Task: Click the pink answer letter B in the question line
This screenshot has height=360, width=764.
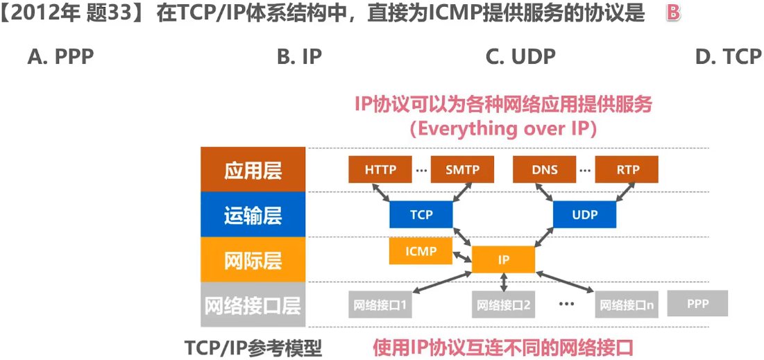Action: tap(673, 13)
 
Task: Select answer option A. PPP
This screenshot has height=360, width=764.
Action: tap(60, 58)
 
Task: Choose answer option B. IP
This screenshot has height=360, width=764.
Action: tap(299, 58)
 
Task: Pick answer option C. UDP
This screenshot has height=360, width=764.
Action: tap(520, 58)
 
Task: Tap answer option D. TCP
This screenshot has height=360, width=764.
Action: tap(728, 58)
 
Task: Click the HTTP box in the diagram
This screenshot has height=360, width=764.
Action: tap(380, 169)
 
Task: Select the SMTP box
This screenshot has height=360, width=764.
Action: tap(462, 169)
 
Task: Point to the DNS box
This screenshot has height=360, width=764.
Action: tap(545, 169)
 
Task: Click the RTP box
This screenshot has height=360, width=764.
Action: tap(627, 169)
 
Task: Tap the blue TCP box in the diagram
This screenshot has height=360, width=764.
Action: tap(421, 214)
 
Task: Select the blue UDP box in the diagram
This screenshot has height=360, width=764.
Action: tap(585, 214)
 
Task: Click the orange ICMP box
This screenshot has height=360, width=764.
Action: tap(421, 251)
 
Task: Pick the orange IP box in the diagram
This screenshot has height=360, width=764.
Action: tap(504, 259)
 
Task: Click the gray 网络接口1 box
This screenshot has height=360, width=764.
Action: tap(380, 305)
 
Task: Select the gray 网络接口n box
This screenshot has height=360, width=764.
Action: tap(627, 305)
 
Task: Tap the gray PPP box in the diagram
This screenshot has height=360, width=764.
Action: tap(698, 304)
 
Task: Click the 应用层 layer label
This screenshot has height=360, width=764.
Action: tap(253, 170)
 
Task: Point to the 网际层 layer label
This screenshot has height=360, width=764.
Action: tap(253, 260)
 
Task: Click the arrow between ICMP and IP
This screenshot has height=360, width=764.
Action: tap(462, 256)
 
